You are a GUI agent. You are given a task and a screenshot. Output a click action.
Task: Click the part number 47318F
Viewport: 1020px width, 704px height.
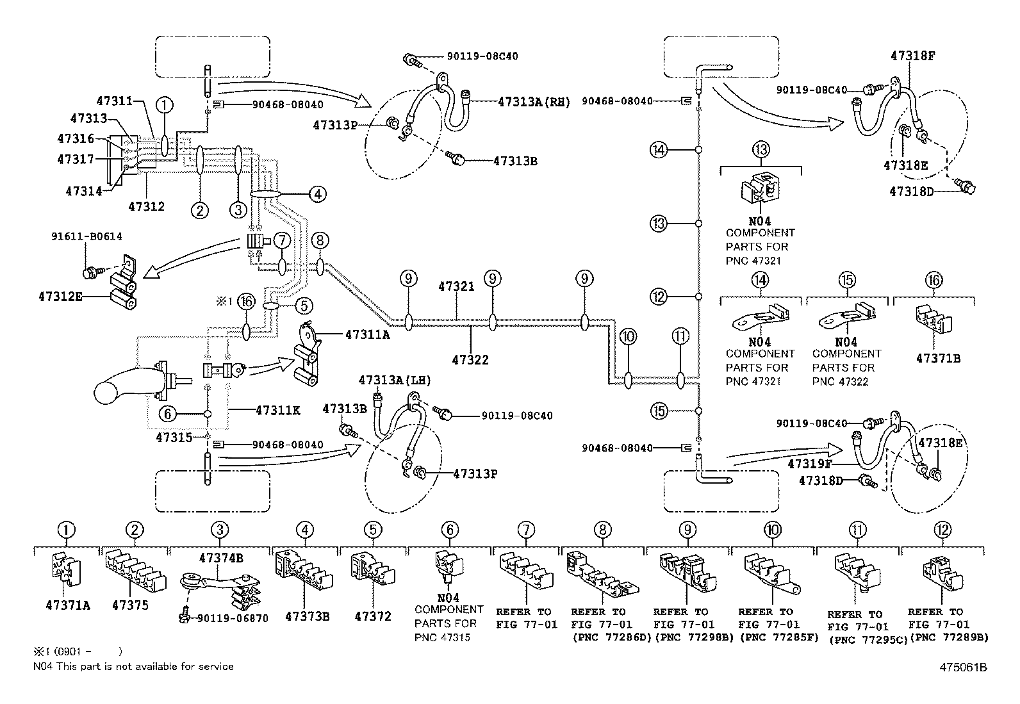[x=912, y=56]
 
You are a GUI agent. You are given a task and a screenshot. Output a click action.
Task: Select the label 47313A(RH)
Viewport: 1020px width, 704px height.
[x=534, y=102]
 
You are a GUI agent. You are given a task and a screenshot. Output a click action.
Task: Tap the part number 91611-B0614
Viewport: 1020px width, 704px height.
[x=86, y=236]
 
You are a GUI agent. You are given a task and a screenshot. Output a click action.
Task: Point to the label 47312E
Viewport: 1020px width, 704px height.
[x=61, y=297]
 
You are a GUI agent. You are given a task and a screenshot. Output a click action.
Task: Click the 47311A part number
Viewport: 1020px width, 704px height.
[x=368, y=334]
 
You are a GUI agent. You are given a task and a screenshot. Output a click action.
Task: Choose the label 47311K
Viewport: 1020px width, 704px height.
[x=278, y=410]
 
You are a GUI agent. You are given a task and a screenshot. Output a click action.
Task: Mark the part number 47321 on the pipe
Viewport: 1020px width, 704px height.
[x=456, y=286]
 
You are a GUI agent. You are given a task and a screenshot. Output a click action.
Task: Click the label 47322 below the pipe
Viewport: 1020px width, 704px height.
[x=470, y=360]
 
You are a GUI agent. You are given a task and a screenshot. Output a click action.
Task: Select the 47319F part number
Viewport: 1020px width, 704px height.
[x=810, y=464]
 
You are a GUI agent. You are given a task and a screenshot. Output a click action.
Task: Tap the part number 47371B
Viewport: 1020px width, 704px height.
[x=938, y=359]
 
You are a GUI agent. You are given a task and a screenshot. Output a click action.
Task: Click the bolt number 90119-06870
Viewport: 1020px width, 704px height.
[x=233, y=618]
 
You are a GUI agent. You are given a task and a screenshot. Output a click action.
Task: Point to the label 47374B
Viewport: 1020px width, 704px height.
[x=221, y=558]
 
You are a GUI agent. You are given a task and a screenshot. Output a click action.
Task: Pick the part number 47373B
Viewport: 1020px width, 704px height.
[x=307, y=617]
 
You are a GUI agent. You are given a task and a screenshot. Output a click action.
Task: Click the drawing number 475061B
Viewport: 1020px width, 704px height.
[x=963, y=667]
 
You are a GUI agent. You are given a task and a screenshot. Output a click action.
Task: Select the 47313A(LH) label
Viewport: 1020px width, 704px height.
[x=394, y=381]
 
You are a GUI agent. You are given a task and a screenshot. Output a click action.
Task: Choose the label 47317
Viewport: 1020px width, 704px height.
[x=75, y=160]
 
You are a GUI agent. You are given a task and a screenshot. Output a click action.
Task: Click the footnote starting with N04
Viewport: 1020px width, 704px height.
[x=133, y=667]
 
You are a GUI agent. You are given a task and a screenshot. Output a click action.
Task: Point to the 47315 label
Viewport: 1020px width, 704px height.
[x=174, y=438]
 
